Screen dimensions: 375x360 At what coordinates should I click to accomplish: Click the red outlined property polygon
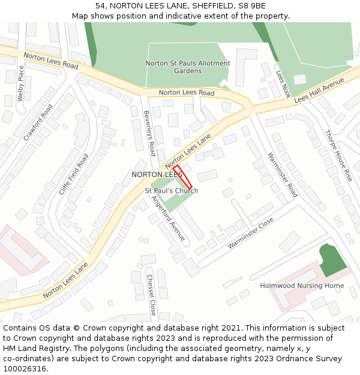183,177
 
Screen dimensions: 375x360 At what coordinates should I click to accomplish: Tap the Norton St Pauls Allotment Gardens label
188,67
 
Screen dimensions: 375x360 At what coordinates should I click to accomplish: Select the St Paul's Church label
172,191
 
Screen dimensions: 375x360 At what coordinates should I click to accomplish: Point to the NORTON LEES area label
157,175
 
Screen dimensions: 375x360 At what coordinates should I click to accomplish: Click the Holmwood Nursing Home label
302,286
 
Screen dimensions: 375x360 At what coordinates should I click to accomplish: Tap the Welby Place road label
21,83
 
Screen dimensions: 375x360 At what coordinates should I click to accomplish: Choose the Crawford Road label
38,122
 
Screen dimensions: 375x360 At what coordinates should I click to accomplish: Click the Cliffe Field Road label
73,174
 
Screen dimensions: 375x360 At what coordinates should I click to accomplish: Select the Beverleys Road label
149,133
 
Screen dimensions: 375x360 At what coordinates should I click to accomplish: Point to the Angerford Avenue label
168,218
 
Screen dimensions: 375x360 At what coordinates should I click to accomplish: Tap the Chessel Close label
151,295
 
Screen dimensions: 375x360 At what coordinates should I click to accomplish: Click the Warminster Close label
250,233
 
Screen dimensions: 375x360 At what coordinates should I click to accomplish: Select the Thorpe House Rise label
338,156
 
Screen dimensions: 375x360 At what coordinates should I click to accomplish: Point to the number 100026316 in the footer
25,369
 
